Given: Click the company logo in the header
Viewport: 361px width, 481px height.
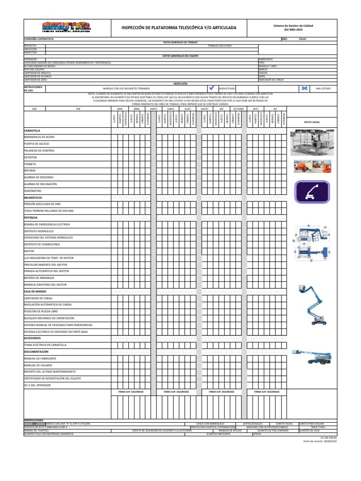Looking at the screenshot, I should [65, 27].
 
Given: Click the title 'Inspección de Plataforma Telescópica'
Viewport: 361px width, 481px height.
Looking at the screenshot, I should [179, 28].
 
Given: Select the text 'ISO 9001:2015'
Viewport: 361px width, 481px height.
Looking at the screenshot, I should [293, 30].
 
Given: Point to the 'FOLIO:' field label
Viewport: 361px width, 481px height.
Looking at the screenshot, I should [303, 39].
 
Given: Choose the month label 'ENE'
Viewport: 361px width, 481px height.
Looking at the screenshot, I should [34, 108].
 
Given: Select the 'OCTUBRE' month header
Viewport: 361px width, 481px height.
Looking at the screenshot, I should [238, 108].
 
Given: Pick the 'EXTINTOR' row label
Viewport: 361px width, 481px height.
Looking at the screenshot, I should [30, 157].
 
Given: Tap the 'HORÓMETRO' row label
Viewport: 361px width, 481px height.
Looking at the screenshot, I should [33, 191].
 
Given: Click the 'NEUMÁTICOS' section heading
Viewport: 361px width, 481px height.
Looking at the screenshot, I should [33, 198].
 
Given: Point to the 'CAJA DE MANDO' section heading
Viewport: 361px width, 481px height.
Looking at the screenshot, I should [35, 291].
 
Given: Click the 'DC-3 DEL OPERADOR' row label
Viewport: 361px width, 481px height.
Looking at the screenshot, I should [37, 385].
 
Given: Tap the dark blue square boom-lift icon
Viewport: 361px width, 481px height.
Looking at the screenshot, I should [308, 193].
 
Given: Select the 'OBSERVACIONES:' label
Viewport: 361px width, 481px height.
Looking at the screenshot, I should [34, 420].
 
